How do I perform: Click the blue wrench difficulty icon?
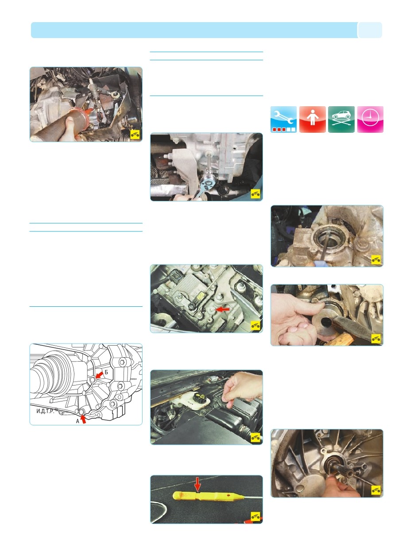283,119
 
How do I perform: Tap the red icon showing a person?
312,119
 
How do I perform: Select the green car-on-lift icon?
341,119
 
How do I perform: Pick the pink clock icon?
370,119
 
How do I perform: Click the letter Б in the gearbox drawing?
106,372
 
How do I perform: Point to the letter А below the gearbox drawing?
78,421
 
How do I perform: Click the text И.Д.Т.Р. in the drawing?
45,411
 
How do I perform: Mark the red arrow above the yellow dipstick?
197,484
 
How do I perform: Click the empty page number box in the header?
370,30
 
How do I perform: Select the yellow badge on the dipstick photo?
255,516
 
